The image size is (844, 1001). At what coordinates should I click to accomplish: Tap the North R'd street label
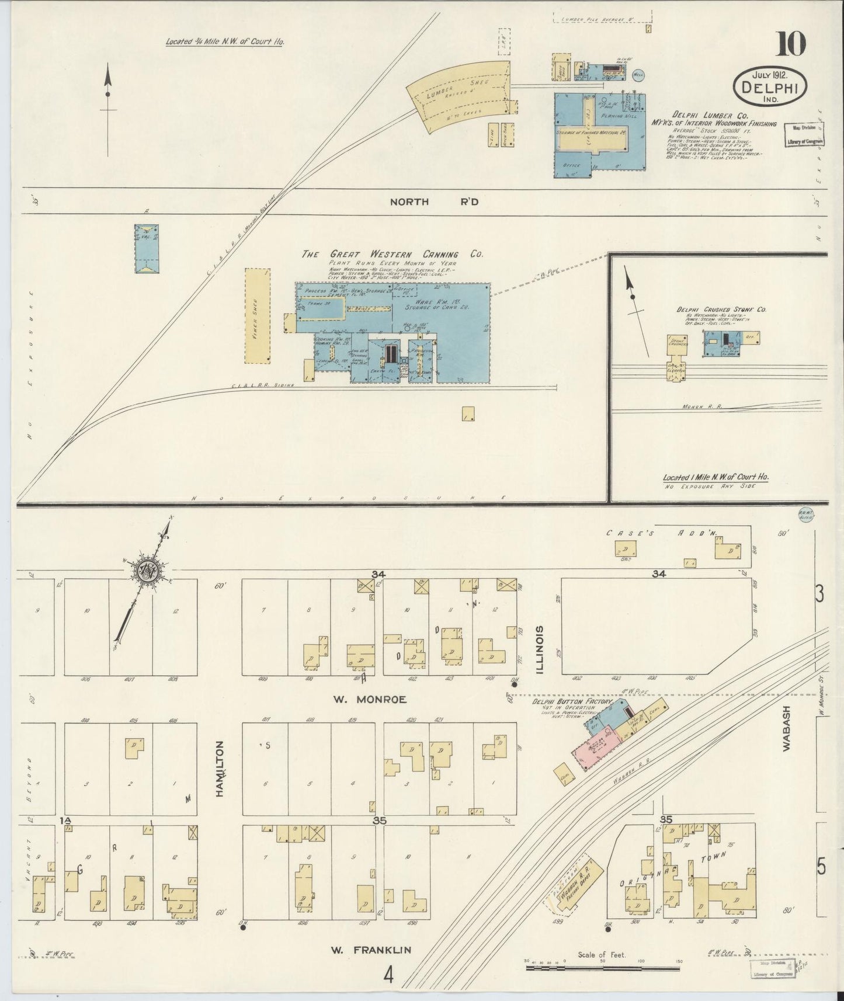[x=434, y=201]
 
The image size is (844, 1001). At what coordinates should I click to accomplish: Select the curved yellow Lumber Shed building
[x=459, y=96]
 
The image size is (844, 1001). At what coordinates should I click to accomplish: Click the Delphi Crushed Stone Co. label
[x=721, y=309]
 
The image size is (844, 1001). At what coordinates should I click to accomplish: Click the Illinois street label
[x=539, y=649]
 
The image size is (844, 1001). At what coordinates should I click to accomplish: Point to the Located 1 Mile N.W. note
[x=716, y=477]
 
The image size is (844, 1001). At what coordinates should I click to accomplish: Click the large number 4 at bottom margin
[x=388, y=974]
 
